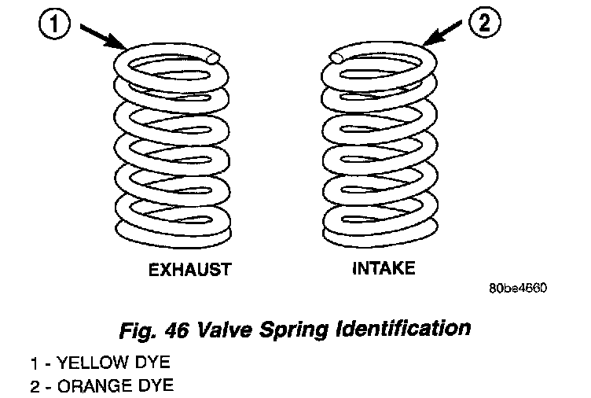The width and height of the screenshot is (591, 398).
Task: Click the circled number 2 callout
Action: (483, 24)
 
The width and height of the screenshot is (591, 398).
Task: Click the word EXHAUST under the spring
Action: (190, 270)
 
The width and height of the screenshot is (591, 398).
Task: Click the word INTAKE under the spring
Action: (384, 268)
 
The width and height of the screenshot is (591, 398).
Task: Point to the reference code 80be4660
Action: (517, 288)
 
